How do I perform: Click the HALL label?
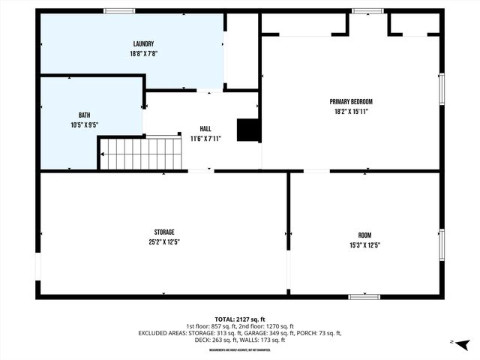205,129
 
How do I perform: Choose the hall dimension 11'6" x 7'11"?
205,139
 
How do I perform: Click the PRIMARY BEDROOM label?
351,101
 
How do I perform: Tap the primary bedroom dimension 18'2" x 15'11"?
351,111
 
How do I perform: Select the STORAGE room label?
164,232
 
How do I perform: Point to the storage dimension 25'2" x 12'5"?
164,241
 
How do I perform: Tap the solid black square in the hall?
247,130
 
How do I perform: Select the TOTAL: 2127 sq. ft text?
239,318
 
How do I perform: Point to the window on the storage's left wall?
37,267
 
